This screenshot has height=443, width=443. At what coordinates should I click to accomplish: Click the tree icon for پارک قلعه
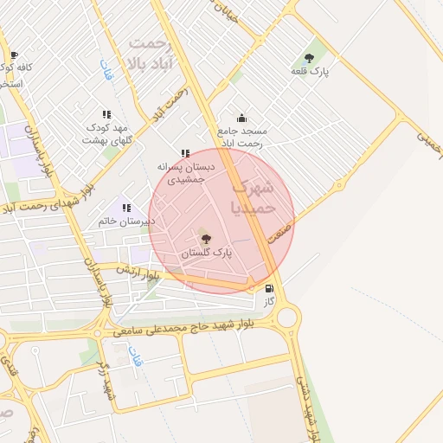coord(309,58)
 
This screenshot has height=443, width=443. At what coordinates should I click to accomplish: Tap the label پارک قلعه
coord(309,70)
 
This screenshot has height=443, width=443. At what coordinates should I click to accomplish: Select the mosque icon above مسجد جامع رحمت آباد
coord(241,119)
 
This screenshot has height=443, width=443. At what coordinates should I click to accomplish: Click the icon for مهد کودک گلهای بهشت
coord(106,114)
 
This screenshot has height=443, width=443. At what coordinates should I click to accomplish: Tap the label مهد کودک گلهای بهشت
coord(106,133)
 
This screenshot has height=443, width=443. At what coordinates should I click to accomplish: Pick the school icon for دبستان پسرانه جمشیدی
coord(184,153)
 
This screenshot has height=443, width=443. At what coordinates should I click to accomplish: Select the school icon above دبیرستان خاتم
coord(126,208)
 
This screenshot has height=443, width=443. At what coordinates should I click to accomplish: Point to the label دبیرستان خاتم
coord(126,221)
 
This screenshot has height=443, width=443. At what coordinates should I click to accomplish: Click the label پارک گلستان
coord(207,254)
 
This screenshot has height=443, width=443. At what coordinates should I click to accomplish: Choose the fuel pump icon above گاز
coord(269,289)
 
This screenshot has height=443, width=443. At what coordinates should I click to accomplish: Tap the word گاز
coord(269,301)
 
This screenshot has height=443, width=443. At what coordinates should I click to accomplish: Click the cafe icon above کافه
coord(13,55)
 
